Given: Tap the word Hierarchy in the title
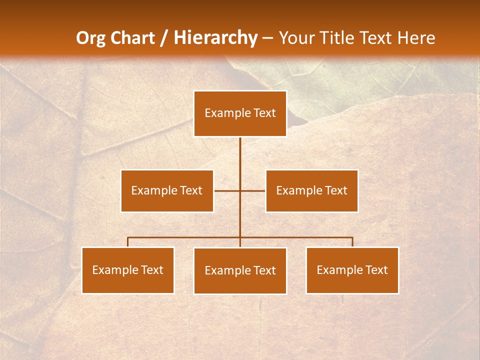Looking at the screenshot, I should point(215,38).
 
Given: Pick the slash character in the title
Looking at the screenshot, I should point(164,38).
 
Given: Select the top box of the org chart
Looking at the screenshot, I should point(240,113).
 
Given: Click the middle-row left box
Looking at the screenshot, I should point(167,190).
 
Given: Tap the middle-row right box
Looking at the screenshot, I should point(311,190).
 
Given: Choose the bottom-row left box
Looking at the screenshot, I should point(127,270).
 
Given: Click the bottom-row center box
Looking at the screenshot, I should point(240,270).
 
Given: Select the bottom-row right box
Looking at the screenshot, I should point(352,270).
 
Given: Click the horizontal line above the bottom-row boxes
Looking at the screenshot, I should point(185,237).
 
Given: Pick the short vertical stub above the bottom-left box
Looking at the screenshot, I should point(127,242).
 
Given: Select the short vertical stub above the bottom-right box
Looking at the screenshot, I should point(352,242).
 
